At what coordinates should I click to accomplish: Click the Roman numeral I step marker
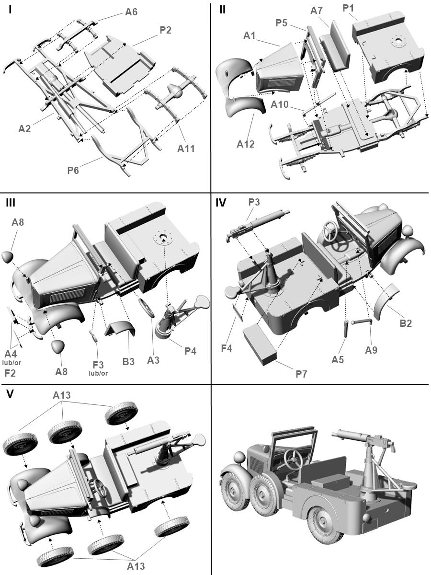pyautogui.click(x=10, y=10)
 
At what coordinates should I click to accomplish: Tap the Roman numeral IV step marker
pyautogui.click(x=221, y=202)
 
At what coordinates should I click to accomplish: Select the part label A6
pyautogui.click(x=131, y=12)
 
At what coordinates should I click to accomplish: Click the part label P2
pyautogui.click(x=165, y=30)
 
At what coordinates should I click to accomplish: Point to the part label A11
pyautogui.click(x=186, y=148)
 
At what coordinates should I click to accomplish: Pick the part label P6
pyautogui.click(x=73, y=170)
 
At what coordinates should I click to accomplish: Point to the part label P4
pyautogui.click(x=190, y=351)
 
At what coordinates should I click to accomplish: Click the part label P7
pyautogui.click(x=301, y=373)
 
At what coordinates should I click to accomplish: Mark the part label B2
pyautogui.click(x=406, y=323)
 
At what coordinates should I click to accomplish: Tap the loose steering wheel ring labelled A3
pyautogui.click(x=147, y=307)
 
